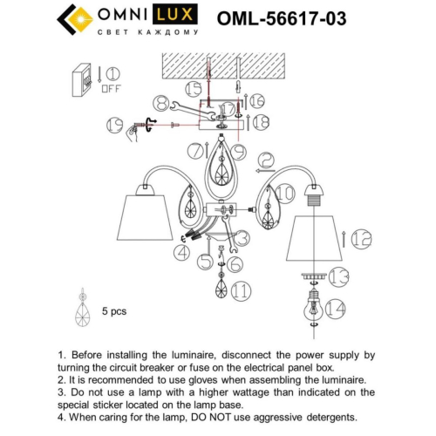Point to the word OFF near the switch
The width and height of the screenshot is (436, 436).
[x=112, y=88]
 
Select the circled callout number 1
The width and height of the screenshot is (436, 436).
[x=113, y=73]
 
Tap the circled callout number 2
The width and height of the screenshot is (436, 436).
[x=267, y=160]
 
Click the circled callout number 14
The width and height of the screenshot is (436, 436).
[x=336, y=307]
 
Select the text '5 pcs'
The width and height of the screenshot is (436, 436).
[x=115, y=310]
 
